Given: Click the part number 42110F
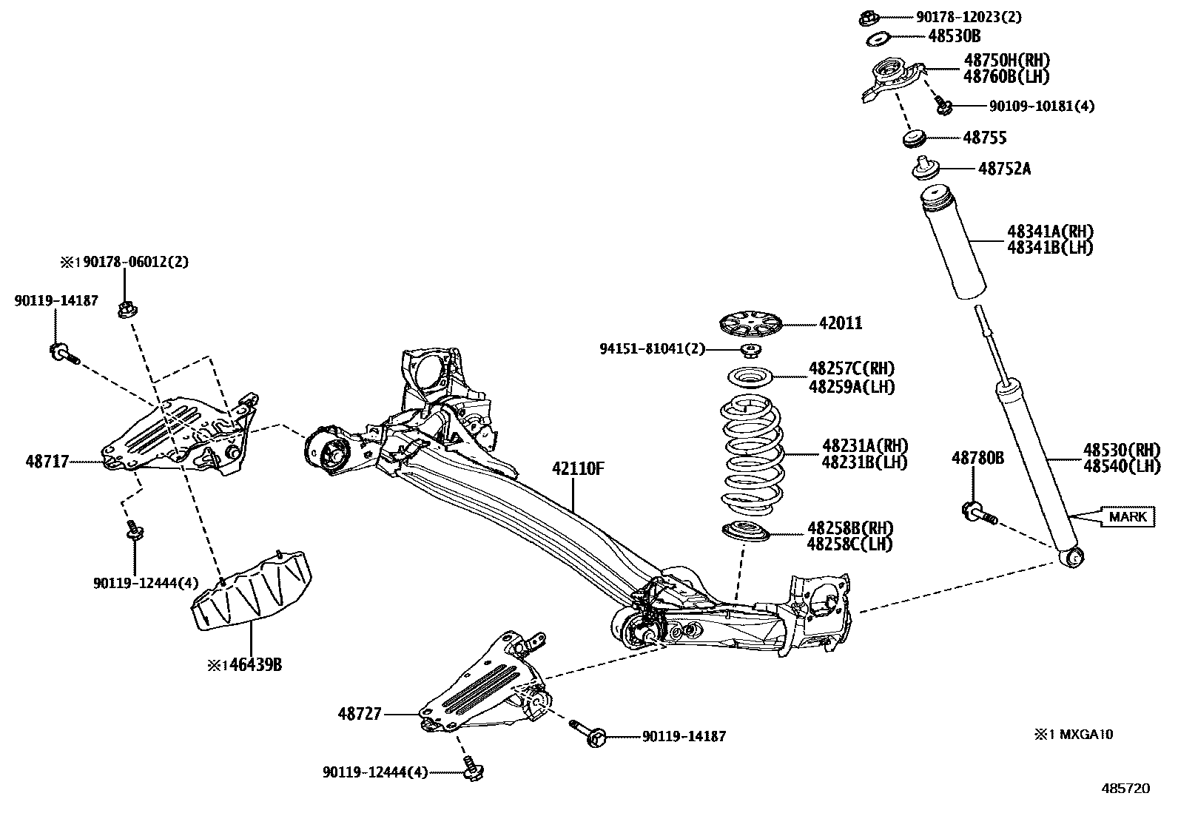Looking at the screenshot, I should click(x=578, y=468).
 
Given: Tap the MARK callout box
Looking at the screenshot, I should click(x=1128, y=516).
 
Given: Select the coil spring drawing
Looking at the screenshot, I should click(x=751, y=455).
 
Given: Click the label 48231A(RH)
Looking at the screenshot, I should click(x=864, y=446).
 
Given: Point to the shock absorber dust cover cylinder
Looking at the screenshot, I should click(x=952, y=244).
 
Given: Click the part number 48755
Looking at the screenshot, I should click(x=984, y=138).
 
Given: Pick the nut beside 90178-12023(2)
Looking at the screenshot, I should click(x=869, y=16).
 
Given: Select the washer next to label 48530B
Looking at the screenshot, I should click(x=878, y=37).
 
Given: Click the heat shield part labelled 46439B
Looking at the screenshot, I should click(x=252, y=588).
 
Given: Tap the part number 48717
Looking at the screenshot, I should click(x=47, y=462).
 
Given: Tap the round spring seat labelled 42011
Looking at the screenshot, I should click(x=750, y=324).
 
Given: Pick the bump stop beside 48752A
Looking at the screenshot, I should click(x=924, y=169).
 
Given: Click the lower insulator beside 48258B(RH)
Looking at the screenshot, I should click(x=745, y=530).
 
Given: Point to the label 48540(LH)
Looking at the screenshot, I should click(x=1121, y=465).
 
